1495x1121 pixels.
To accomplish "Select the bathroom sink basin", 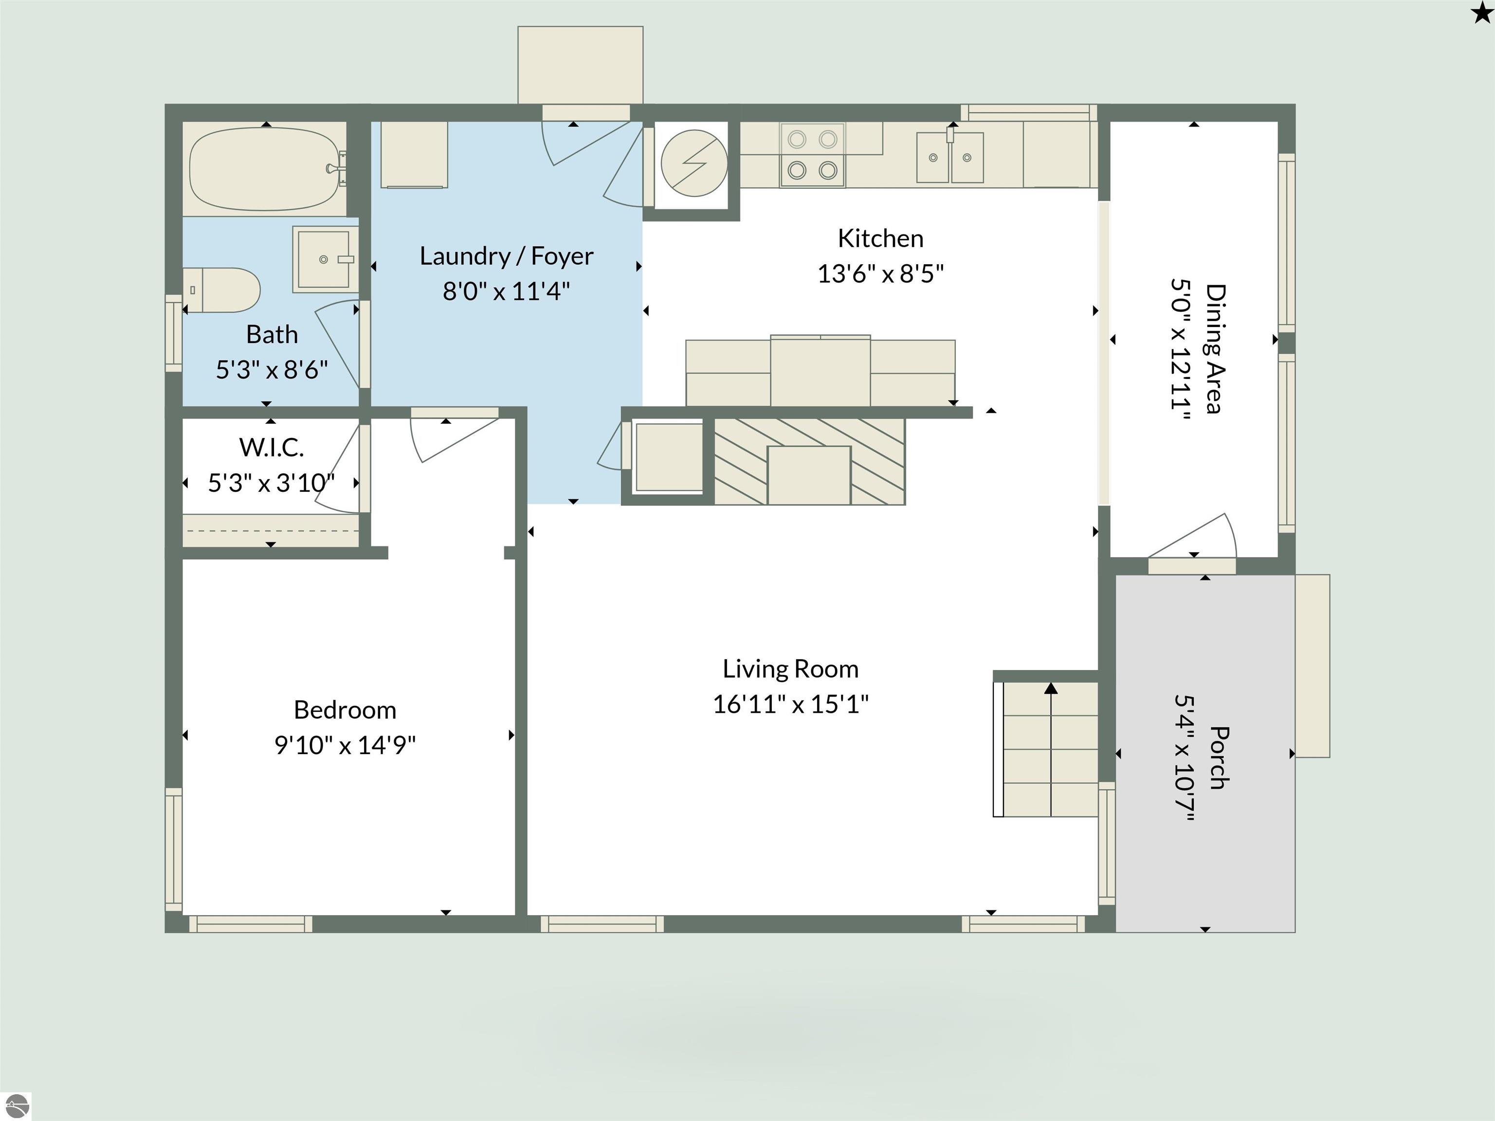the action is pyautogui.click(x=325, y=259).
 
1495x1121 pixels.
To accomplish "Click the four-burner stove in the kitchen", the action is pyautogui.click(x=812, y=155).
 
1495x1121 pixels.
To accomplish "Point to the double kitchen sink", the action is pyautogui.click(x=949, y=158).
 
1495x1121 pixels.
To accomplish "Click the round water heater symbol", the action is pyautogui.click(x=694, y=163).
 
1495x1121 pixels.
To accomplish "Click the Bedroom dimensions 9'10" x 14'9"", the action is pyautogui.click(x=345, y=745).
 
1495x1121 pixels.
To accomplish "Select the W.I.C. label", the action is pyautogui.click(x=272, y=447).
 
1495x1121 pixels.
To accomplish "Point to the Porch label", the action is pyautogui.click(x=1219, y=758).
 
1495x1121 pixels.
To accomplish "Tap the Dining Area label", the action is pyautogui.click(x=1216, y=349).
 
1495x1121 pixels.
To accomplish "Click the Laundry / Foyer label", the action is pyautogui.click(x=506, y=256).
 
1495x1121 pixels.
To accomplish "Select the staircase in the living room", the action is pyautogui.click(x=1045, y=749).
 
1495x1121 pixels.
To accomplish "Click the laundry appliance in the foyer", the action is pyautogui.click(x=414, y=155).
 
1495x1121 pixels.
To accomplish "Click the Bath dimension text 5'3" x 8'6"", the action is pyautogui.click(x=272, y=370).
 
